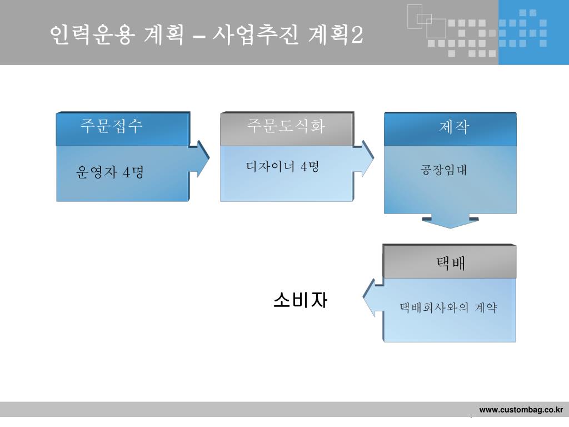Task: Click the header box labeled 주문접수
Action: [x=122, y=128]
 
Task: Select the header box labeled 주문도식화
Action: [x=286, y=128]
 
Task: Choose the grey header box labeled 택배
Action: [x=450, y=261]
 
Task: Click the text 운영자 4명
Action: [x=110, y=173]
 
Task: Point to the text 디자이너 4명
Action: [x=282, y=166]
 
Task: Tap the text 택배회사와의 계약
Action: [x=448, y=307]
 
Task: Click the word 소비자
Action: [x=300, y=300]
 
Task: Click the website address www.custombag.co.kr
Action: [x=521, y=410]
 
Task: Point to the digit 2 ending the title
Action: [x=357, y=36]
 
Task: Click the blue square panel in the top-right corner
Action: [x=533, y=32]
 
